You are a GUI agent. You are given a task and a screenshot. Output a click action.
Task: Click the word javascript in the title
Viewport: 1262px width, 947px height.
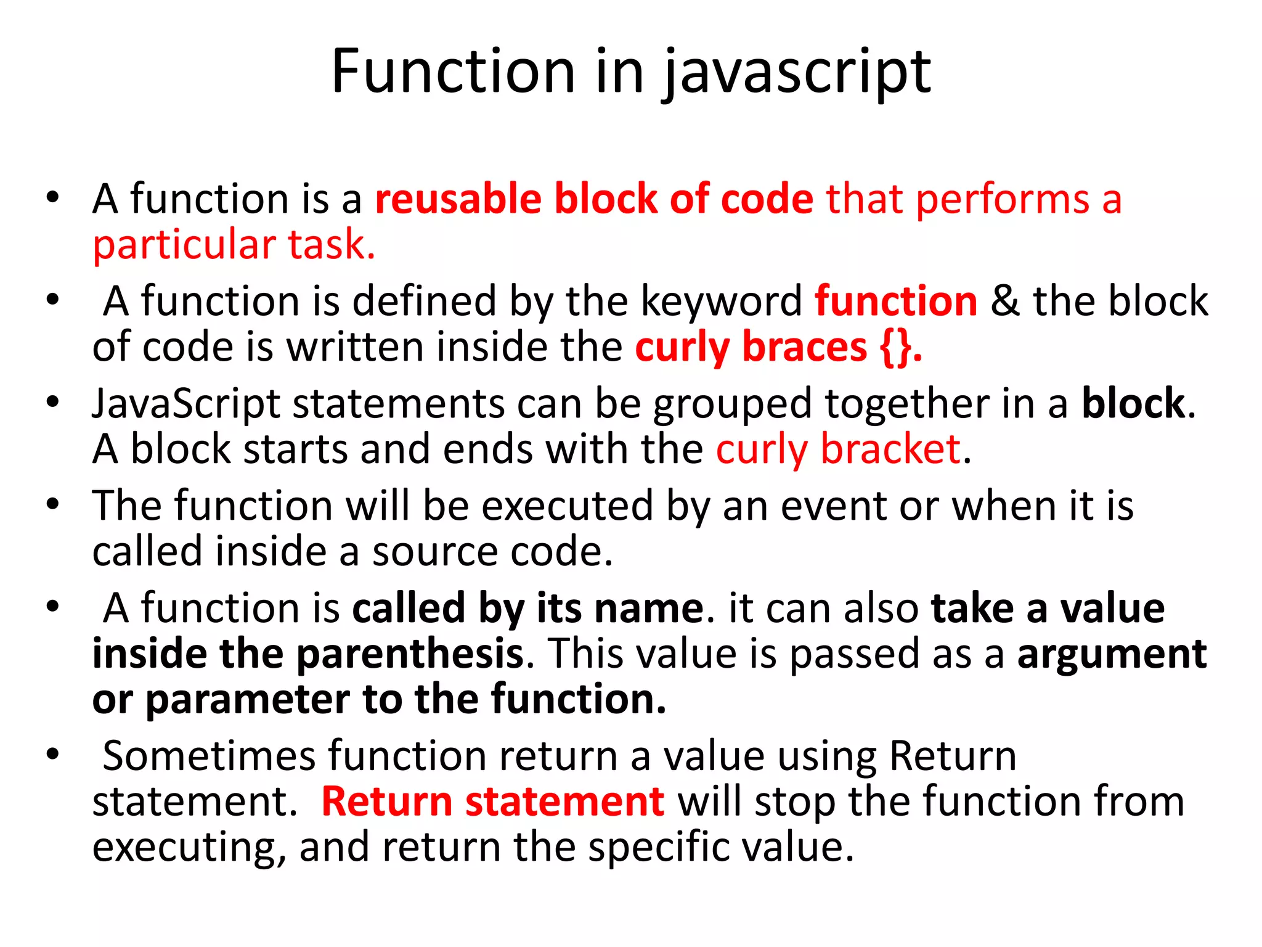[x=797, y=73]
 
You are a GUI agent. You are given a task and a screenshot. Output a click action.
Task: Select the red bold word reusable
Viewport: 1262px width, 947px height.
[x=458, y=199]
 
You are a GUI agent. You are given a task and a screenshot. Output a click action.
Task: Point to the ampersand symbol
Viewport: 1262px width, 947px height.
[x=1005, y=301]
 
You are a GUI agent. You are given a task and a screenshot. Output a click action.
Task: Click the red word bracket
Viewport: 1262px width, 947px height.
[x=890, y=449]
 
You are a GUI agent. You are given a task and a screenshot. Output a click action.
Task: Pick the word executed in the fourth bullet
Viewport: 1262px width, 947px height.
[x=567, y=506]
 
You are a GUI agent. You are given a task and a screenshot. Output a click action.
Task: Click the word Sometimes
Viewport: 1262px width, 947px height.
[x=210, y=756]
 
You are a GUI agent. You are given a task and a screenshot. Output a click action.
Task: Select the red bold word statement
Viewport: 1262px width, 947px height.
[x=564, y=802]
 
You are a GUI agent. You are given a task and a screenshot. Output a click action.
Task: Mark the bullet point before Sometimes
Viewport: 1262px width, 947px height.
[x=53, y=753]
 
